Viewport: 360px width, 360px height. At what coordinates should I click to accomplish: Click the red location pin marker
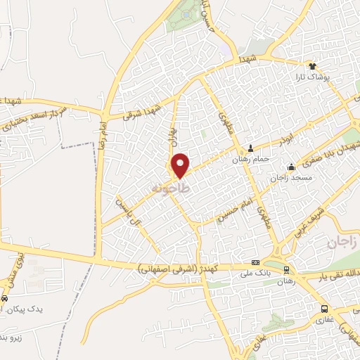(181, 166)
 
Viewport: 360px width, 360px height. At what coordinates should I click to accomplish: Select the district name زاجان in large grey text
(342, 243)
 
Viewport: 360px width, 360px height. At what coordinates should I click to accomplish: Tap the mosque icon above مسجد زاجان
(291, 167)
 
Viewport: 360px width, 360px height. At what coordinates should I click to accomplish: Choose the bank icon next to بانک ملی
(255, 262)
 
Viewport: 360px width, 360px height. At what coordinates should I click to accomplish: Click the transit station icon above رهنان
(286, 270)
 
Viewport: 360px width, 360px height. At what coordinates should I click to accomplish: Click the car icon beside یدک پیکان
(5, 298)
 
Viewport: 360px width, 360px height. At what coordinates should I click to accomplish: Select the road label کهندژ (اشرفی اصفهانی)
(190, 268)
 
